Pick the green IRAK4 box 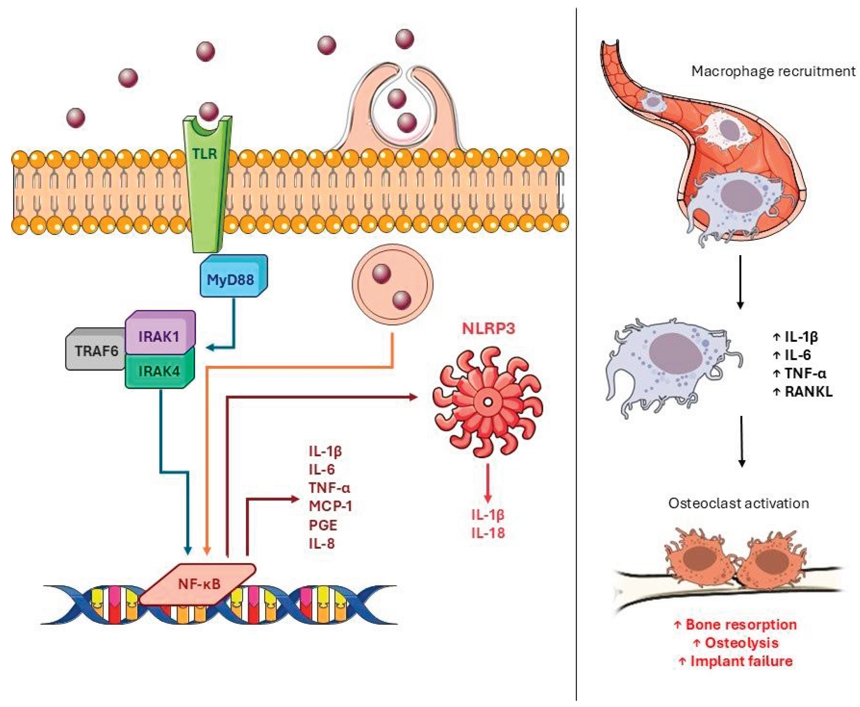(x=159, y=371)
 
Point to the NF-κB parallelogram (x=199, y=584)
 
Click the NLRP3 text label (x=488, y=328)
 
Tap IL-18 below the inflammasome (x=488, y=533)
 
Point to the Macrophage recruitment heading (x=773, y=71)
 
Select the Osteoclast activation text (x=738, y=503)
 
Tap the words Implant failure (x=741, y=661)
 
